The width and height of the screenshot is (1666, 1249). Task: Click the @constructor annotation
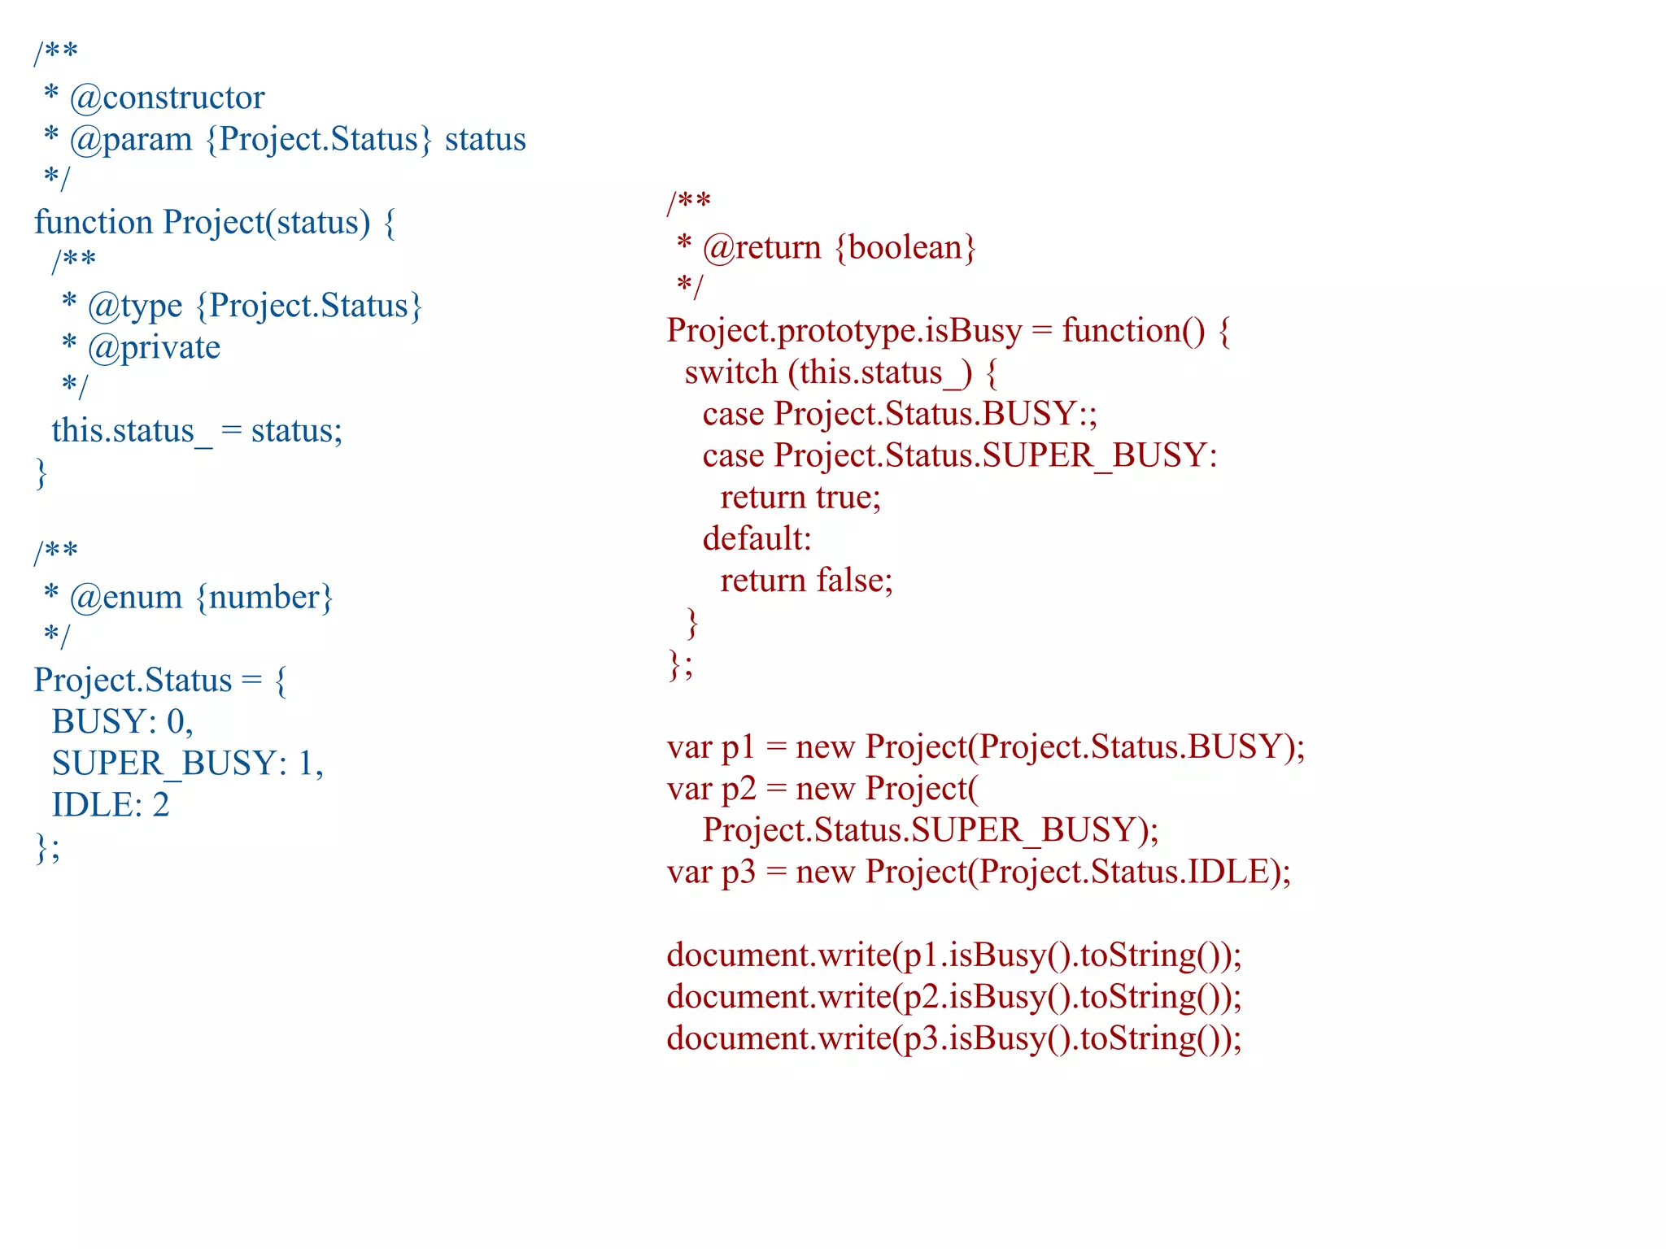point(167,98)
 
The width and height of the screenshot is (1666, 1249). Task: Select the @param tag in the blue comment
point(131,140)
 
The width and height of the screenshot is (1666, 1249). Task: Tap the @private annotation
point(154,348)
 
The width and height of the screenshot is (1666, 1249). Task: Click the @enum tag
point(126,598)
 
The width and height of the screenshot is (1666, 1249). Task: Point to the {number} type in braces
point(264,598)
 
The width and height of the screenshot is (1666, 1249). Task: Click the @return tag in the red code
point(761,248)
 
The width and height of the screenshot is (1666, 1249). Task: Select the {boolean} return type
point(905,248)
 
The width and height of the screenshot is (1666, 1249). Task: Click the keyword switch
point(731,373)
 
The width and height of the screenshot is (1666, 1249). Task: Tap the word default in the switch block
point(757,539)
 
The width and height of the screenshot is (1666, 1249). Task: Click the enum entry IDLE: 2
point(111,805)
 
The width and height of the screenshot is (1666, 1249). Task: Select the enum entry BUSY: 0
point(121,722)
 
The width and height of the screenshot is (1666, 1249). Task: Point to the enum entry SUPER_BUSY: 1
point(186,764)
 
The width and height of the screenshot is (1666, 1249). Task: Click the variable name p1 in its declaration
point(739,747)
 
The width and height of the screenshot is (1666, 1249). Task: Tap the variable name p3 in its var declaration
point(739,872)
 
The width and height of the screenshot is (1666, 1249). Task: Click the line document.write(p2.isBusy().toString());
point(953,997)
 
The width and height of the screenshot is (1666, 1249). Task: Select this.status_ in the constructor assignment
point(131,431)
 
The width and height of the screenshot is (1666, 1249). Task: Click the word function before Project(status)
point(93,223)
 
